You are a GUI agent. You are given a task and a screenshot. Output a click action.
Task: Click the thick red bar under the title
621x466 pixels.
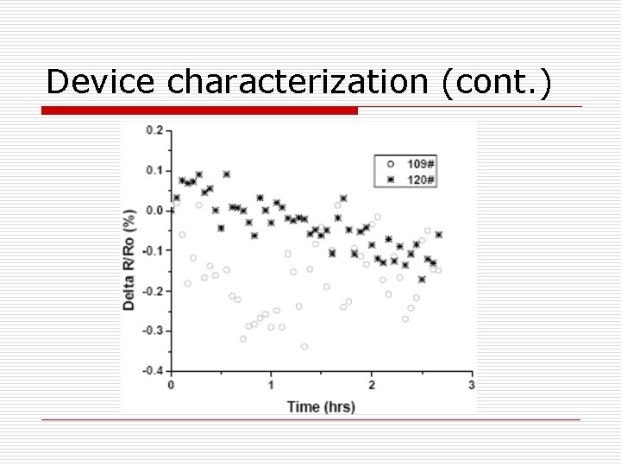point(200,110)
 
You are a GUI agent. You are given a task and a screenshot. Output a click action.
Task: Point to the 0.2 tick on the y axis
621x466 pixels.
point(154,130)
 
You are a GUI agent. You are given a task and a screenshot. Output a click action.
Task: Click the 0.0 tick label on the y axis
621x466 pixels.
point(154,211)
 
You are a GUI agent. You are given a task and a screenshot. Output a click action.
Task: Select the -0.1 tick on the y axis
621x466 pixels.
point(152,250)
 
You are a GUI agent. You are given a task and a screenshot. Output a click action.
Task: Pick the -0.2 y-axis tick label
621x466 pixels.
point(152,291)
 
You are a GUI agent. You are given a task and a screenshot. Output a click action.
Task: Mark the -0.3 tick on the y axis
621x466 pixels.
point(152,331)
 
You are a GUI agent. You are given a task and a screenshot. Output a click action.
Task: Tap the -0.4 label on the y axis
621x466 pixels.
point(152,371)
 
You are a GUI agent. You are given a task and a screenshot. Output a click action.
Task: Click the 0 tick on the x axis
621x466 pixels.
point(171,385)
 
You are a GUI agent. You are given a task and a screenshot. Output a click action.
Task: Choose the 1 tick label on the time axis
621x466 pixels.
point(271,385)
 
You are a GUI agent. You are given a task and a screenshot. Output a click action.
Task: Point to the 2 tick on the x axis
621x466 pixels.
point(372,385)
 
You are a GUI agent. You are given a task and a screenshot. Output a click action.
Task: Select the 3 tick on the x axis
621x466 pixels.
point(471,385)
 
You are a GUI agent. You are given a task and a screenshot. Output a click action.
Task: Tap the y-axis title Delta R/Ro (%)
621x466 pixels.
point(129,251)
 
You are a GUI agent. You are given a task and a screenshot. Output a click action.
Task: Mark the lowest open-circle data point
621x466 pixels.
point(304,347)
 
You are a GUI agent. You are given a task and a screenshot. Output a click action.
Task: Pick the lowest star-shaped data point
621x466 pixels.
point(422,279)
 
